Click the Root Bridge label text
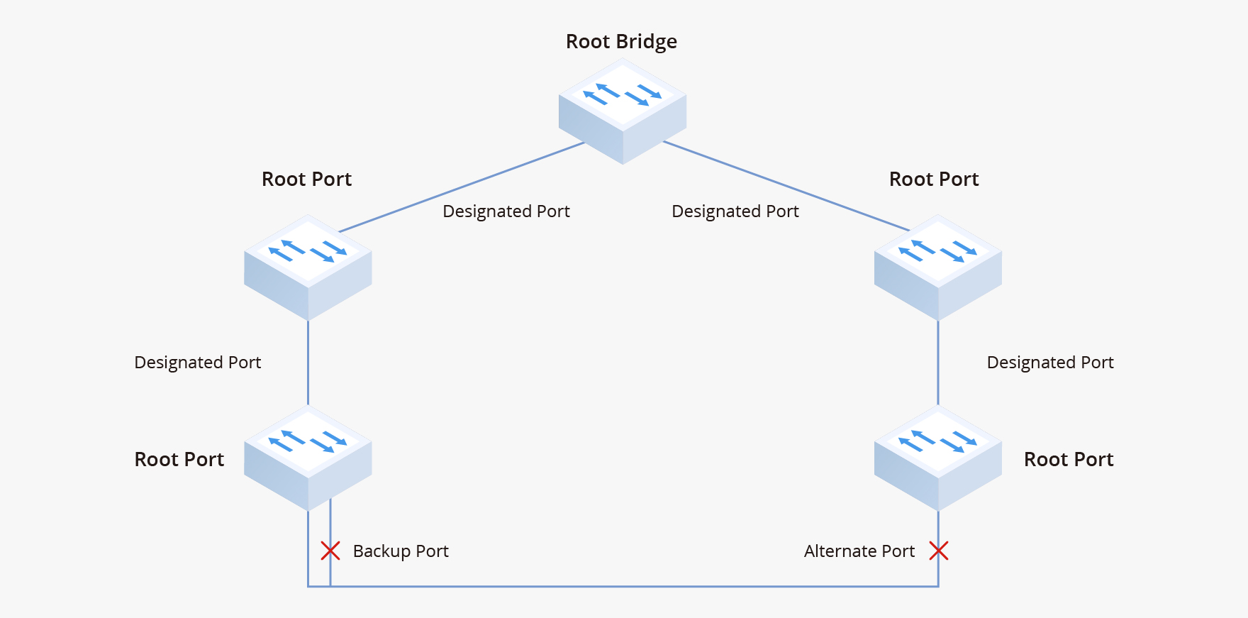(x=621, y=42)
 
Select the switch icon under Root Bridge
(x=623, y=111)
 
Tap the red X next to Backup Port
(x=330, y=551)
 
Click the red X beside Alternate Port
(x=939, y=551)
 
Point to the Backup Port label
(x=401, y=551)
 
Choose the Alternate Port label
(x=859, y=551)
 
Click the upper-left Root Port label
(x=306, y=180)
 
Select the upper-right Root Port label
(x=934, y=180)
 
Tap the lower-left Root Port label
(x=179, y=460)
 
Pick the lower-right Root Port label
(x=1069, y=460)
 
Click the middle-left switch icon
(x=308, y=267)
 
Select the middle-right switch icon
(x=938, y=267)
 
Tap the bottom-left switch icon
(x=308, y=458)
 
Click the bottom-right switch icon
(x=938, y=458)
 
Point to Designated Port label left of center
(x=506, y=211)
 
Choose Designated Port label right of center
(x=735, y=211)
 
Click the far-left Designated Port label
(x=198, y=363)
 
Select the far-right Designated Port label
(x=1050, y=363)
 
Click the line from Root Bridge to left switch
(x=461, y=187)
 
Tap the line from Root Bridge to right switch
(x=786, y=186)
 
